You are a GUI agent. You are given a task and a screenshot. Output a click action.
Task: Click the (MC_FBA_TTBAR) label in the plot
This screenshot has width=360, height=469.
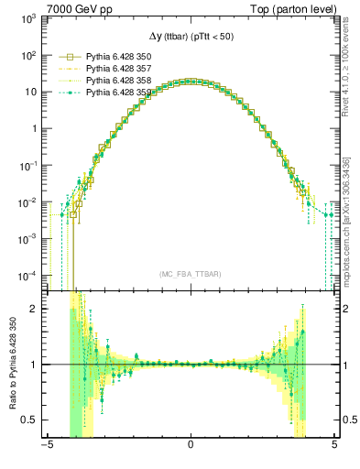(190, 274)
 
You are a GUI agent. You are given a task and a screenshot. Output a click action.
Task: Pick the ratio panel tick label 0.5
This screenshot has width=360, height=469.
(30, 420)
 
